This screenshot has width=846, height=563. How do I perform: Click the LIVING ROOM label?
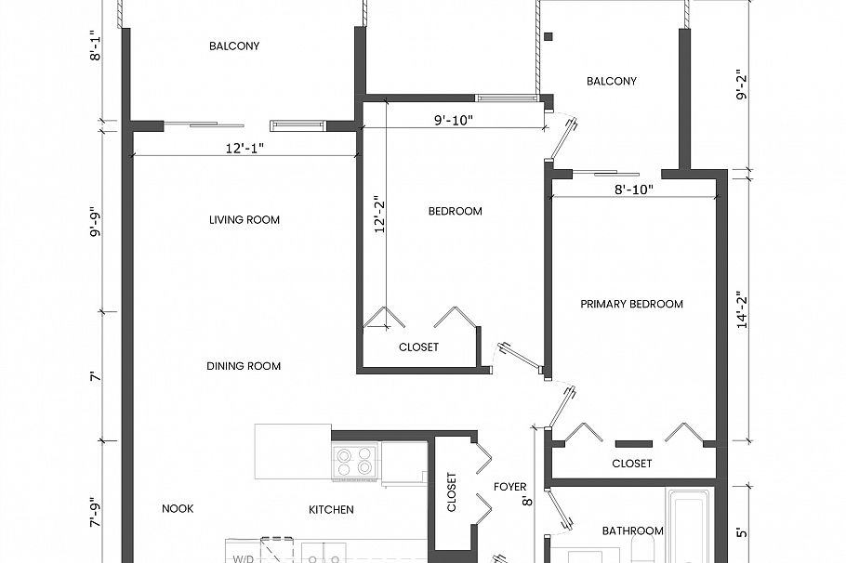coord(245,220)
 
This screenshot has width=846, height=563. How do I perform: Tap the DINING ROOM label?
coord(244,366)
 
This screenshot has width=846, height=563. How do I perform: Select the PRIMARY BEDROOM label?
coord(631,304)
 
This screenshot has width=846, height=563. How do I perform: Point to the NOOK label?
coord(178,509)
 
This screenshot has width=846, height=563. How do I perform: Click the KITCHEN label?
coord(331,510)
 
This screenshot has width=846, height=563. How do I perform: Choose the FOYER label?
coord(510,487)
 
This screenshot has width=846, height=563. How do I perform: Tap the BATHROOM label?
coord(632,531)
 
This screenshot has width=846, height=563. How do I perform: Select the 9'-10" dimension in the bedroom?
coord(454,119)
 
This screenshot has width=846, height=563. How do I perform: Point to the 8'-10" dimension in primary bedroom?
coord(633,190)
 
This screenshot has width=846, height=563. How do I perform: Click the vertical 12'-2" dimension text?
coord(379,215)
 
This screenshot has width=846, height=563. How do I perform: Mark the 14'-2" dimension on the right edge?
coord(741,311)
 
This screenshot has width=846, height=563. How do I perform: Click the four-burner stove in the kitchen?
coord(354,461)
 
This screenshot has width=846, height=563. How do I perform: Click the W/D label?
coord(243,559)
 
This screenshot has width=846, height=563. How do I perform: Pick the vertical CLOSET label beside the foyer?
coord(452,493)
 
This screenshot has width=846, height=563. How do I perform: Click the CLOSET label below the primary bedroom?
coord(631,464)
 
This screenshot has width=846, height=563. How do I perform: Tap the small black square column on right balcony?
coord(549,37)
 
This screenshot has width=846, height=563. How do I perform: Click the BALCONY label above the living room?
coord(234,46)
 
